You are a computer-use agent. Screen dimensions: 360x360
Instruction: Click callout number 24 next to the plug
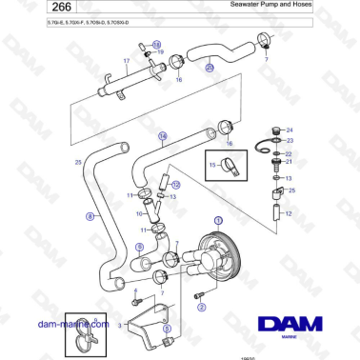pos(290,130)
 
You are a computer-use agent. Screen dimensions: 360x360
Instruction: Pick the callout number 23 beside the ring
pos(290,141)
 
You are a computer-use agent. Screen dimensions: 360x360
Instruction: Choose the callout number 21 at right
pos(290,162)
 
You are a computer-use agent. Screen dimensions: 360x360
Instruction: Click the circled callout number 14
pos(162,136)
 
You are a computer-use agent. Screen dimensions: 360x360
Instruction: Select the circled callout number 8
pos(91,217)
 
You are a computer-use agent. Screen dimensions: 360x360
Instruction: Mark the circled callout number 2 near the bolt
pos(200,307)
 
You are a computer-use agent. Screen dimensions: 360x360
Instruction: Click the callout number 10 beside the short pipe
pos(138,214)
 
